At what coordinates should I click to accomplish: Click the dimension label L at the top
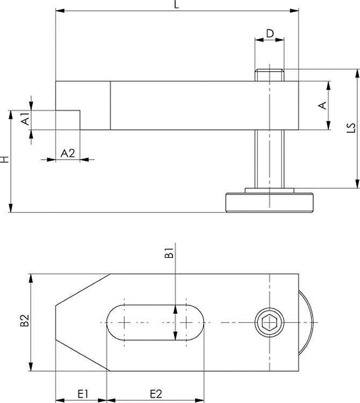176,5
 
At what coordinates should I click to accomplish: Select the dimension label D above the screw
270,33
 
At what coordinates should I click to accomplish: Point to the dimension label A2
68,154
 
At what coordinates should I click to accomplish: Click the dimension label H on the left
5,160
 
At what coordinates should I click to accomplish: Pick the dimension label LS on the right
351,128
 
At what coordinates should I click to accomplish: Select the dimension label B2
25,320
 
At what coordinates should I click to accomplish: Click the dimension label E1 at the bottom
83,394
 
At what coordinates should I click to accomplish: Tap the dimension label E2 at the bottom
156,394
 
